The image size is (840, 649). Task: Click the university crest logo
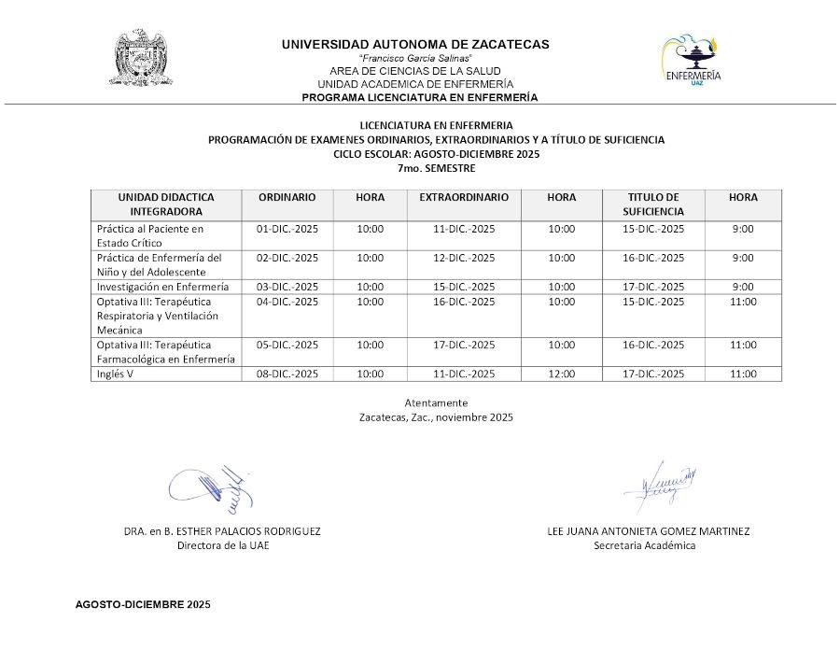point(145,59)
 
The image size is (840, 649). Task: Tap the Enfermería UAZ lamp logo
point(692,61)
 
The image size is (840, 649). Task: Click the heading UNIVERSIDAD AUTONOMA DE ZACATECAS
point(415,44)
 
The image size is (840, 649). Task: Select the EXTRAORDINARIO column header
point(464,198)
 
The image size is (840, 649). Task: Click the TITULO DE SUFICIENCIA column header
point(653,205)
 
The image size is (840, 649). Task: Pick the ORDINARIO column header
point(287,198)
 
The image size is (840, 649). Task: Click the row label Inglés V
point(117,374)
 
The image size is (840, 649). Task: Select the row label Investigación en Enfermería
point(162,287)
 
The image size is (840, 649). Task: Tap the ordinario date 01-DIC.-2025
point(287,229)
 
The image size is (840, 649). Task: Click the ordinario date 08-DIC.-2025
point(287,374)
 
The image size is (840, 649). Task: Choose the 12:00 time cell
point(561,374)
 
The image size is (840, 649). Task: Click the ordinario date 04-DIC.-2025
point(287,302)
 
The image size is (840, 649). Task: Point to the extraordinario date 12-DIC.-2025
point(464,258)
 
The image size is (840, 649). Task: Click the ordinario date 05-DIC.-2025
point(287,345)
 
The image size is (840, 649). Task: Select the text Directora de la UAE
point(223,546)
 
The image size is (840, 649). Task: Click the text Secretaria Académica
point(645,546)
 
